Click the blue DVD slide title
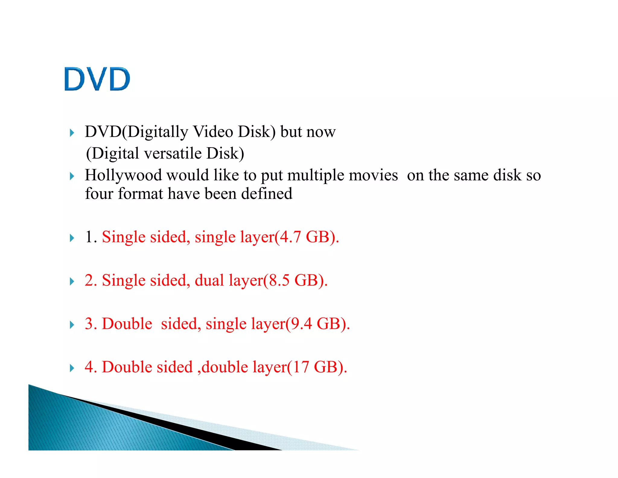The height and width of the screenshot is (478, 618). click(x=97, y=79)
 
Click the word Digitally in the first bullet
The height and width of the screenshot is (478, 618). click(x=158, y=132)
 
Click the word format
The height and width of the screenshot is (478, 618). click(x=140, y=194)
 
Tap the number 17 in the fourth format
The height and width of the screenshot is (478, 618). click(x=301, y=367)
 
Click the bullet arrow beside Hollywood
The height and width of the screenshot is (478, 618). click(x=72, y=176)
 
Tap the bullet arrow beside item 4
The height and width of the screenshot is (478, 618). click(x=72, y=368)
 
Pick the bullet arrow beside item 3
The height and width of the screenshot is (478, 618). click(x=72, y=325)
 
